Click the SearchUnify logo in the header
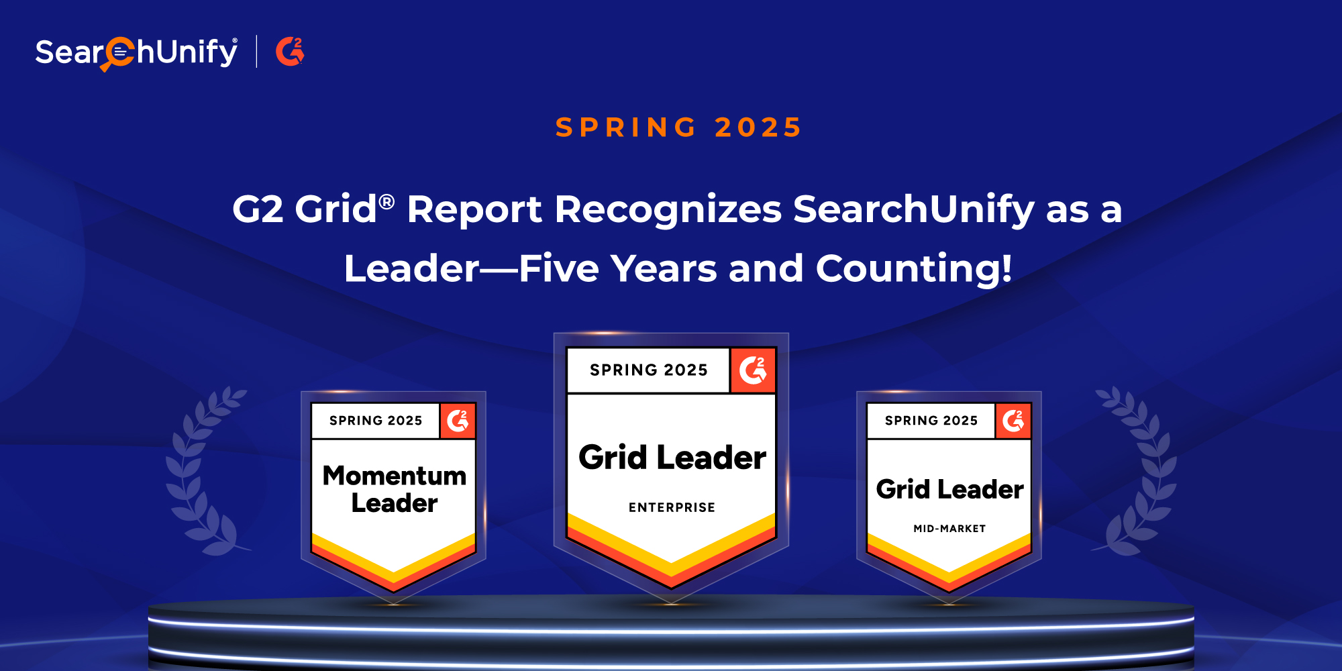pos(136,52)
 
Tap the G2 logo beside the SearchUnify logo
pos(290,52)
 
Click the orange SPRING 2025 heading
pos(678,127)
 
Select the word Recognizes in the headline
pos(668,210)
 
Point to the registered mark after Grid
pos(386,201)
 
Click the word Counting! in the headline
pos(914,270)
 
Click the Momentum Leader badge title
pos(395,489)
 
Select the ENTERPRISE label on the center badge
pos(672,507)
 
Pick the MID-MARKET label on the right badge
pos(949,529)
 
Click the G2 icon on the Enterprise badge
pos(753,370)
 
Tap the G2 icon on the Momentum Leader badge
pos(458,421)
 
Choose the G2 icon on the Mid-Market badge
pos(1013,421)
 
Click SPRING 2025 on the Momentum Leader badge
pos(376,421)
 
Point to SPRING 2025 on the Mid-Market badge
pos(931,421)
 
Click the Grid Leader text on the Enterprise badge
pos(672,458)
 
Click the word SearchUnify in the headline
pos(914,210)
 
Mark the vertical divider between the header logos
pos(256,52)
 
